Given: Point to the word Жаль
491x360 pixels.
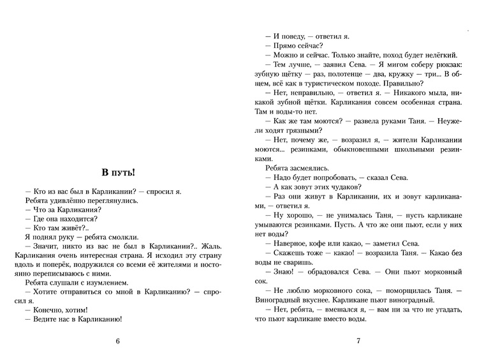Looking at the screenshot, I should click(x=216, y=245).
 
